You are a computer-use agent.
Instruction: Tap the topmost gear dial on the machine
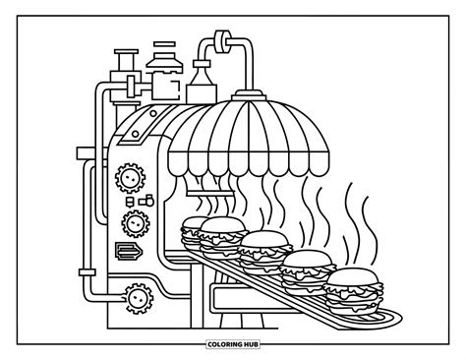tap(125, 178)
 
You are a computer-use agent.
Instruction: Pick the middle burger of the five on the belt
tap(263, 246)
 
